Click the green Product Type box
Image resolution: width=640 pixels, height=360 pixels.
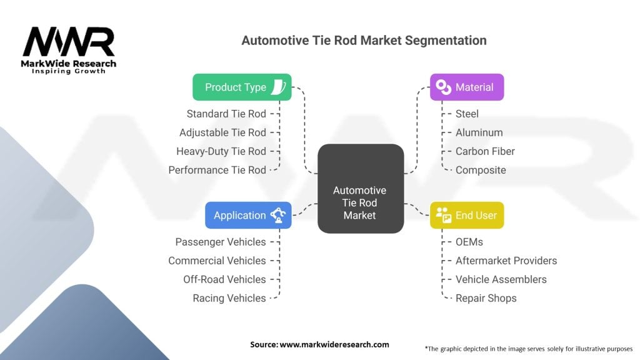coord(242,87)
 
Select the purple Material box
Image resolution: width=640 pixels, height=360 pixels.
coord(467,87)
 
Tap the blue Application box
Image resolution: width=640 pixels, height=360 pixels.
coord(248,215)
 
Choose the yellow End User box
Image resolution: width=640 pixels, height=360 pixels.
coord(467,215)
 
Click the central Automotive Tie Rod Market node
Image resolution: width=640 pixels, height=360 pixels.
coord(359,202)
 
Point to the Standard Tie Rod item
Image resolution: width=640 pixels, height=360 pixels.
coord(226,114)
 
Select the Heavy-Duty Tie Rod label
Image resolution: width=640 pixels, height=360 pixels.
coord(221,151)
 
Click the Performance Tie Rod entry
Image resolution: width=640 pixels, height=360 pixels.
coord(217,170)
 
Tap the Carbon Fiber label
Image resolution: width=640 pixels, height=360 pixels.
coord(485,151)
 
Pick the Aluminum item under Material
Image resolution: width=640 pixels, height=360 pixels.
coord(479,132)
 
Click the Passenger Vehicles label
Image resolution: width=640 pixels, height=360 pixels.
coord(221,242)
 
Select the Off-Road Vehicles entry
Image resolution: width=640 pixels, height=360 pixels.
coord(224,279)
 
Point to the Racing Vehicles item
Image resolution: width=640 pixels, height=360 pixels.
coord(229,298)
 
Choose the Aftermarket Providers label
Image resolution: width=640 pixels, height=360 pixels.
coord(506,261)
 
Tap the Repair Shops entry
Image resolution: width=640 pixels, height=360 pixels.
coord(486,298)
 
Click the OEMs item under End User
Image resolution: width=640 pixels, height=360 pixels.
coord(469,242)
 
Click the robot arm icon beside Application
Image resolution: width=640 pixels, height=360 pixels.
coord(277,215)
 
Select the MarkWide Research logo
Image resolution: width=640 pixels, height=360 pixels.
coord(69,50)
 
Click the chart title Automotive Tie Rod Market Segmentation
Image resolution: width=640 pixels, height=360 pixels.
coord(364,40)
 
